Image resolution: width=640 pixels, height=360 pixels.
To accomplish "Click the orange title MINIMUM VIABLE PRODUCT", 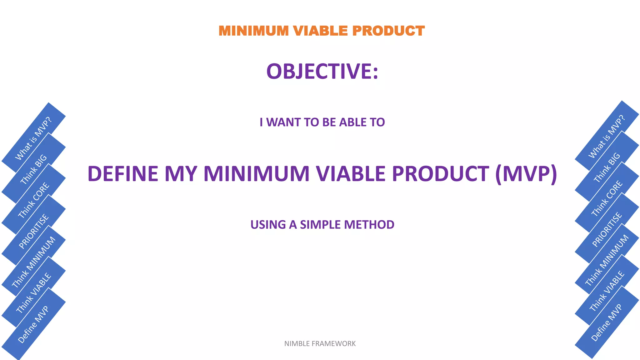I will point(322,31).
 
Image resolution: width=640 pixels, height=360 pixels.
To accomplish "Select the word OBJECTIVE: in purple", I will point(322,71).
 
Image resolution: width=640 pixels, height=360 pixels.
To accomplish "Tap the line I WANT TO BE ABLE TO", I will point(322,122).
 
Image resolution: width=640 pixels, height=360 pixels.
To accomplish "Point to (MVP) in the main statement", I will point(526,174).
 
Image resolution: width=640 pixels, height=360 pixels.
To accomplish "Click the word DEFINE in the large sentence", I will point(123,174).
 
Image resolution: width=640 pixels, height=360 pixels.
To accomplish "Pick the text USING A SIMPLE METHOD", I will point(322,225).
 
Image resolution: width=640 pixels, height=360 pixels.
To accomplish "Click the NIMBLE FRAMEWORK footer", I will point(320,343).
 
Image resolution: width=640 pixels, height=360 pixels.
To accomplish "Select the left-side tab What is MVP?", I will point(33,138).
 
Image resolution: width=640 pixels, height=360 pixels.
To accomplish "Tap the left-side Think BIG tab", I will point(33,169).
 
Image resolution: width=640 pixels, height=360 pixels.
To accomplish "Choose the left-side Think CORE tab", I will point(33,200).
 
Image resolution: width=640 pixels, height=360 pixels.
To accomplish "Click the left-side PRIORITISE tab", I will point(33,231).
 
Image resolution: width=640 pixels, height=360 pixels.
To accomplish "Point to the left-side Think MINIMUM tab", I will point(33,262).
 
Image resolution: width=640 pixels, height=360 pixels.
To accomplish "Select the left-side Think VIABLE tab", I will point(33,293).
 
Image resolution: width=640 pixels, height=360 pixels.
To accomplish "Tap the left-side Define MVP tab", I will point(33,324).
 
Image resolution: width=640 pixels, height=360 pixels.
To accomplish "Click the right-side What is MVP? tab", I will point(607,136).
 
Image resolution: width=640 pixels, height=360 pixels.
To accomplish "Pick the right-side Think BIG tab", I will point(607,167).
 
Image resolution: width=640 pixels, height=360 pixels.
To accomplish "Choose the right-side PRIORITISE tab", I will point(607,229).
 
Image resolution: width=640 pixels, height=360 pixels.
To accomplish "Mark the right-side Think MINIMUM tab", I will point(607,260).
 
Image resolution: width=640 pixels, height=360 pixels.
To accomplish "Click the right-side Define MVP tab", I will point(607,322).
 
